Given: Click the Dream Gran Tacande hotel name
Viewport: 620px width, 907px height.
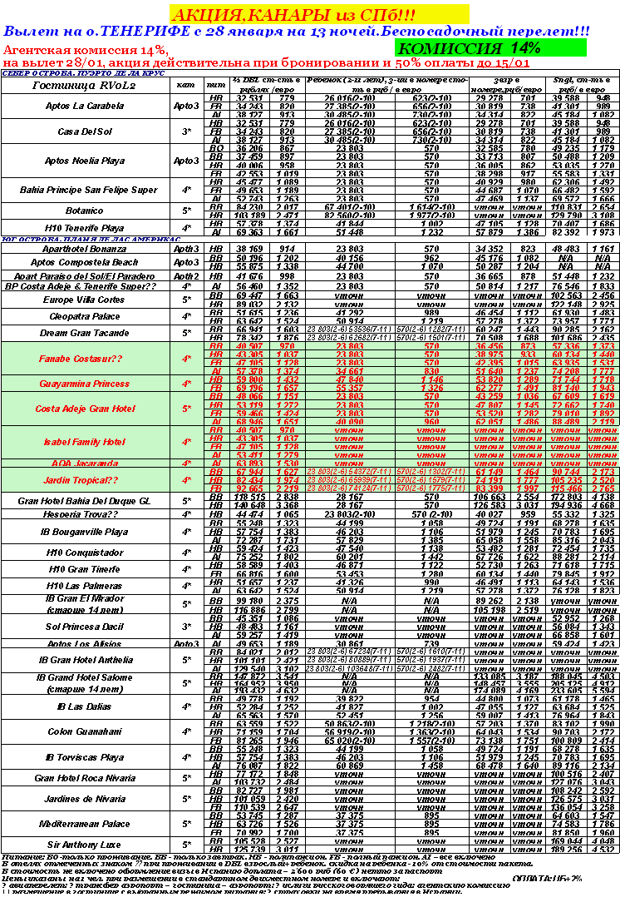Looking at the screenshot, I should (79, 333).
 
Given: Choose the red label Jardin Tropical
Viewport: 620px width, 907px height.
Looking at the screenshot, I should (79, 481).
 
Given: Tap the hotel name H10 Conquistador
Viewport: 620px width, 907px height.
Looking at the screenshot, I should (79, 553).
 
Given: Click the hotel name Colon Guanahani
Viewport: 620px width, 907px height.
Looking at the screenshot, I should (79, 732).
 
